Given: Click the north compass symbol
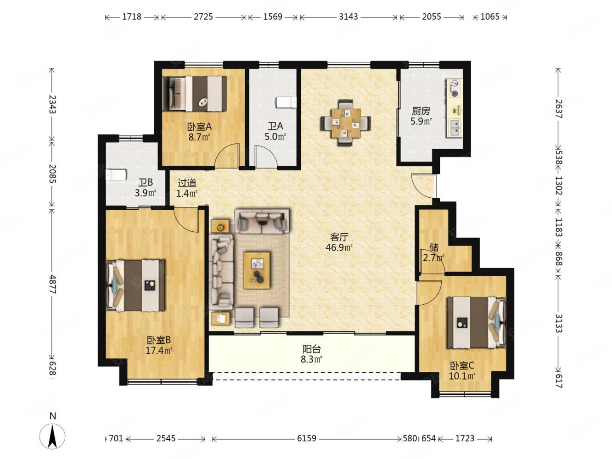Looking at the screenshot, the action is (52, 437).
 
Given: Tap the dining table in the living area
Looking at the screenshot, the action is (345, 123).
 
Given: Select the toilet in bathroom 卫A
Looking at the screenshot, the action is (286, 102).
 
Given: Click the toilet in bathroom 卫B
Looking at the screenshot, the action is (117, 175).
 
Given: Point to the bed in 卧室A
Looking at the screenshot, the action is (195, 94).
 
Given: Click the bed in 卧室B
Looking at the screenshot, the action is (136, 285).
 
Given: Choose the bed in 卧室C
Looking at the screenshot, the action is (476, 323).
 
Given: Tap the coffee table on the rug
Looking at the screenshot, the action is (257, 271).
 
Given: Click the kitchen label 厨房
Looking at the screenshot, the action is (421, 111).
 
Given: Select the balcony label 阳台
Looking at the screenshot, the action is (312, 349).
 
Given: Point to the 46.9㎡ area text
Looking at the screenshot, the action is (339, 247).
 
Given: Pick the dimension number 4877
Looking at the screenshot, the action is (52, 284).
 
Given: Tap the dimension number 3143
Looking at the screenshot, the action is (348, 17).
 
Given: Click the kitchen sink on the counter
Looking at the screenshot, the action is (455, 127).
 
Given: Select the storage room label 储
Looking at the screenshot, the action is (434, 247).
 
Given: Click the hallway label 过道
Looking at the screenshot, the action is (187, 183).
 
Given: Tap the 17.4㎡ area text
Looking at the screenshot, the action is (159, 350).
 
